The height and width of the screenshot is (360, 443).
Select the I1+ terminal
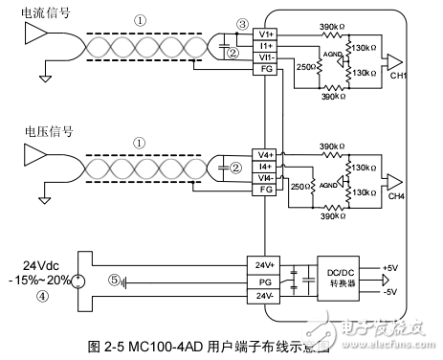pyautogui.click(x=266, y=46)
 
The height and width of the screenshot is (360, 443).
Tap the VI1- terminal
pyautogui.click(x=266, y=57)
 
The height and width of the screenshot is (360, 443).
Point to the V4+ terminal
pyautogui.click(x=266, y=153)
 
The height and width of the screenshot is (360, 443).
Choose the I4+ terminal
pyautogui.click(x=266, y=165)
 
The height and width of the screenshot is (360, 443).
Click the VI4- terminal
pyautogui.click(x=266, y=177)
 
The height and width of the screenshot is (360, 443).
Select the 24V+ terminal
pyautogui.click(x=266, y=265)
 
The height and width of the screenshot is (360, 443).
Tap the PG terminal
pyautogui.click(x=266, y=281)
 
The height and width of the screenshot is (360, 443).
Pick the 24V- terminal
pyautogui.click(x=266, y=298)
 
